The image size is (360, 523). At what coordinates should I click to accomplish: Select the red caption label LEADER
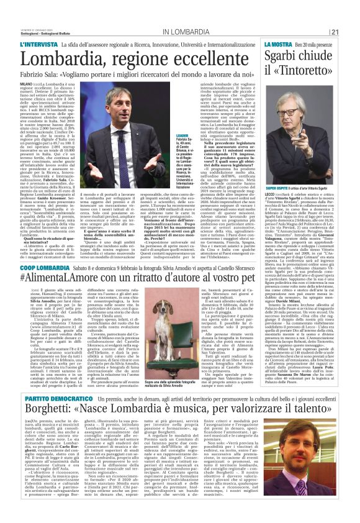[182, 135]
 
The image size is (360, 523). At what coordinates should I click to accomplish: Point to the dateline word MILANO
[26, 82]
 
